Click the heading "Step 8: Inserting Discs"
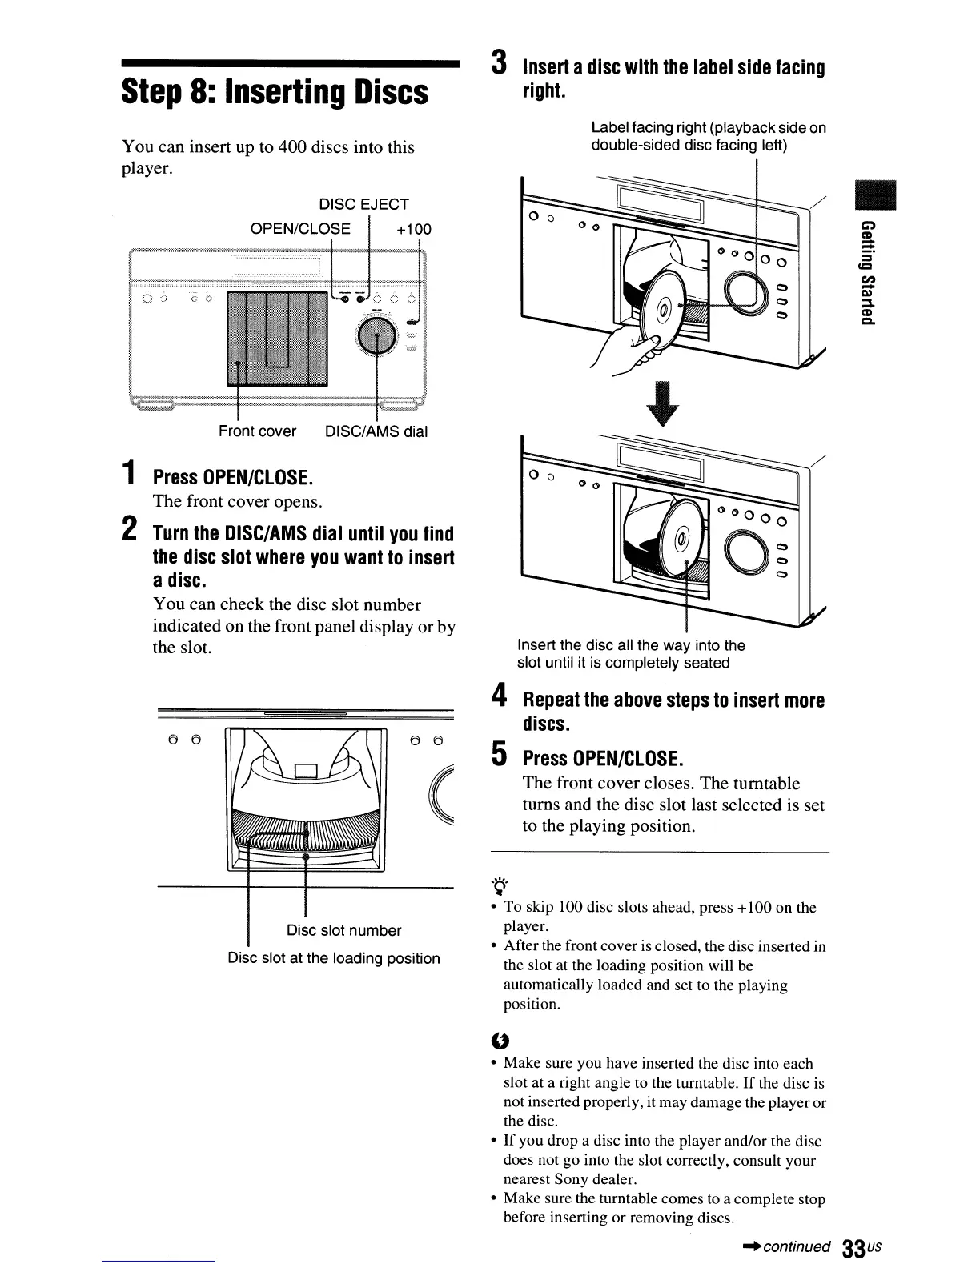point(275,93)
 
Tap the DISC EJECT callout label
point(363,204)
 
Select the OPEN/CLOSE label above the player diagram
point(300,228)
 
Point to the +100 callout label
point(414,229)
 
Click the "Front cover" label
point(257,431)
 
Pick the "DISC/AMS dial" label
point(376,431)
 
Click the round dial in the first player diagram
point(377,336)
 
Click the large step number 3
point(500,62)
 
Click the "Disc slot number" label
point(343,930)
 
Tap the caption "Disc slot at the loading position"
point(334,958)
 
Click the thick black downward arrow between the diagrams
point(668,407)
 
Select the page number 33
point(854,1249)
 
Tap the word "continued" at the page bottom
point(795,1247)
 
